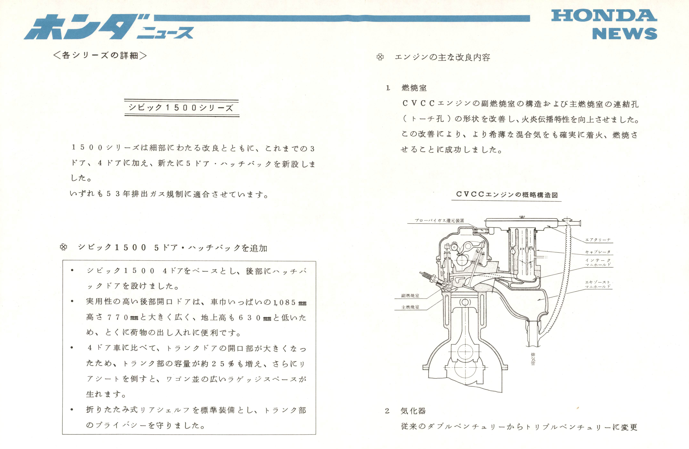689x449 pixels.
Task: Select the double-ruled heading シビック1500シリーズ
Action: tap(182, 108)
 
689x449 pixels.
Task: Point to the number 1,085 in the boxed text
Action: tap(285, 302)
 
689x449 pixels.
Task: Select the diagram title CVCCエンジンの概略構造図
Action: tap(507, 195)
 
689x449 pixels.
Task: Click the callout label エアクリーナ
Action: tap(598, 240)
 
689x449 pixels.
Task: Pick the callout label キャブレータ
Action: tap(598, 252)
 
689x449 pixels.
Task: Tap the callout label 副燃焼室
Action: tap(410, 296)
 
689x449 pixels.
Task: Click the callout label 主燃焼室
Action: tap(410, 307)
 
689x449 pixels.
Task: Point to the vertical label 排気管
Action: tap(533, 359)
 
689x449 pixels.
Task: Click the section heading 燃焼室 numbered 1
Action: tap(414, 88)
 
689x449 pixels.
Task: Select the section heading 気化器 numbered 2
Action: tap(413, 411)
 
